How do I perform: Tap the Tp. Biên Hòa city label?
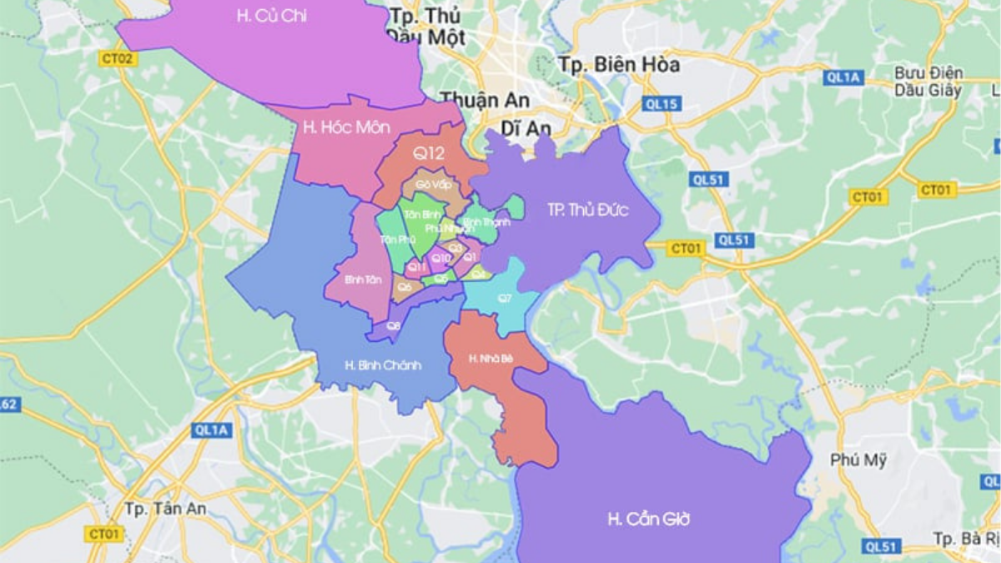coord(619,64)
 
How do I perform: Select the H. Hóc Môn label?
coord(337,128)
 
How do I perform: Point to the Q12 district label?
coord(429,153)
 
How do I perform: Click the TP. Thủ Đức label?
coord(588,210)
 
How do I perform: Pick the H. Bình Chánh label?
coord(383,364)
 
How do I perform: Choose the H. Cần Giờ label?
coord(648,519)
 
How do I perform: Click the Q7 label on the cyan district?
coord(505,298)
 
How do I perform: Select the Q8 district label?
coord(394,326)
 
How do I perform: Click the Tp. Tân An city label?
coord(165,508)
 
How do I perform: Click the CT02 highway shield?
coord(117,58)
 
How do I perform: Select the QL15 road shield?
coord(661,104)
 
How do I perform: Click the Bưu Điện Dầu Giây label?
coord(928,82)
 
